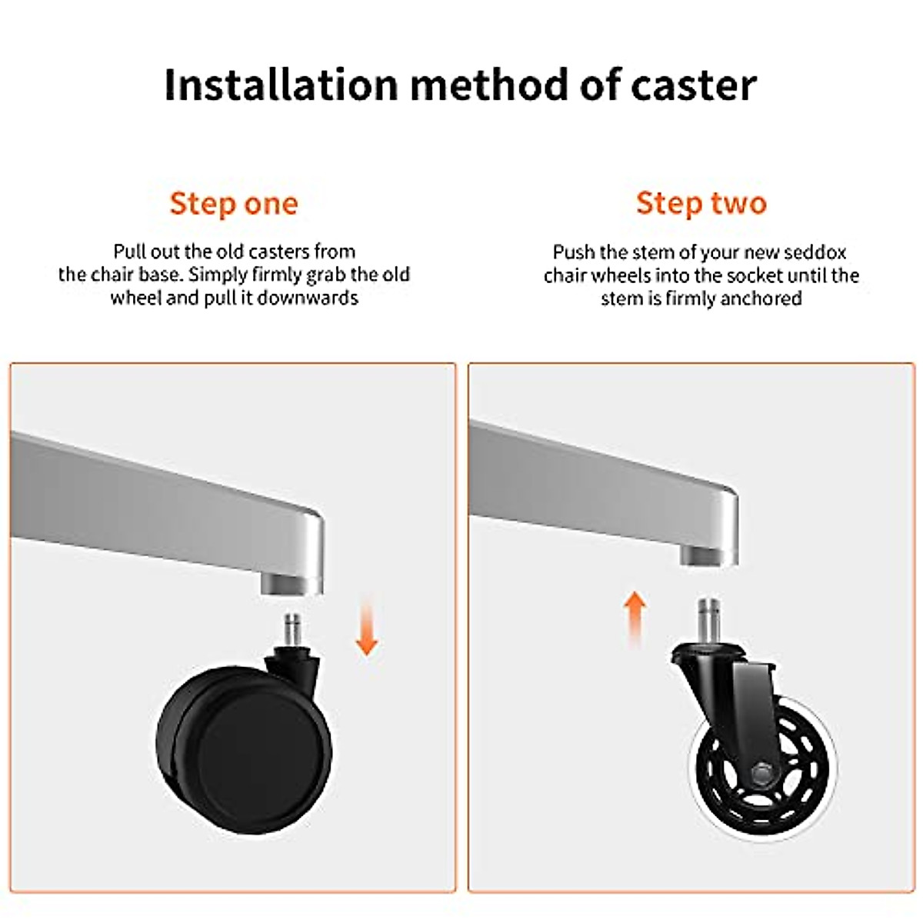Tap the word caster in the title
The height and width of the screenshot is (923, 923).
[x=694, y=85]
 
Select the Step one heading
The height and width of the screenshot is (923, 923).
[x=234, y=204]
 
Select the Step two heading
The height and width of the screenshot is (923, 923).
[x=701, y=203]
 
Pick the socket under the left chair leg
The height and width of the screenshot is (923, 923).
[x=291, y=583]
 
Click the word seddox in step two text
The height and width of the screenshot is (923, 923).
[x=815, y=252]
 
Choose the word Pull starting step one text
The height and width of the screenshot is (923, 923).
[x=129, y=252]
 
